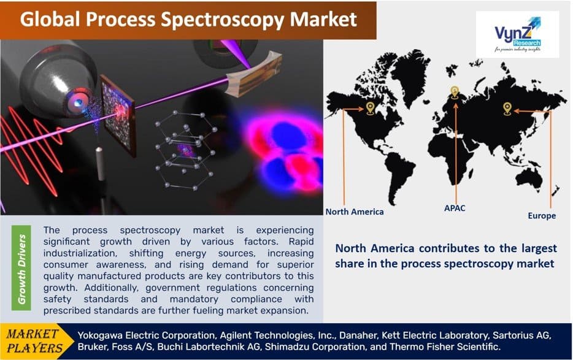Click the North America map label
(x=354, y=212)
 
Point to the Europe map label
(x=542, y=216)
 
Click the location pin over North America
(x=370, y=109)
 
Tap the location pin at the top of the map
(x=455, y=93)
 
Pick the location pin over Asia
(x=507, y=109)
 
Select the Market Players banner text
(x=34, y=341)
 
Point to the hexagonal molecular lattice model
(x=184, y=150)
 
